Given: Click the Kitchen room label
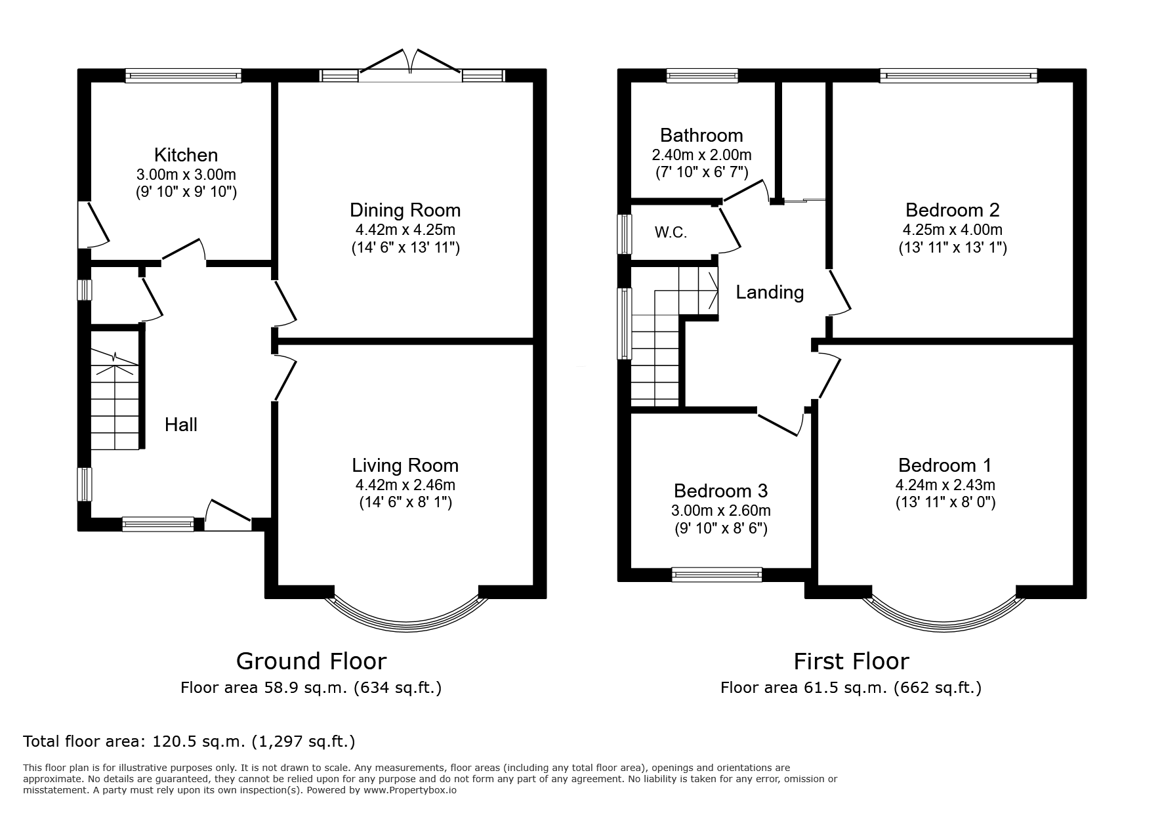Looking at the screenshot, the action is pyautogui.click(x=186, y=155).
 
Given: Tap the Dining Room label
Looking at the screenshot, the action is pyautogui.click(x=405, y=211).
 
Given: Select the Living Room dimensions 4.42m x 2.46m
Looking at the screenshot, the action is pyautogui.click(x=405, y=486).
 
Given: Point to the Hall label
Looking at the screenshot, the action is pyautogui.click(x=181, y=425).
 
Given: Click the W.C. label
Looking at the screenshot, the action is pyautogui.click(x=671, y=233).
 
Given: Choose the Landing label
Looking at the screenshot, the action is pyautogui.click(x=770, y=293).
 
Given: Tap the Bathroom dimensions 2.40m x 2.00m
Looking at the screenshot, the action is pyautogui.click(x=701, y=156).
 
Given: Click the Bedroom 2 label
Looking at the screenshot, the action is pyautogui.click(x=952, y=210).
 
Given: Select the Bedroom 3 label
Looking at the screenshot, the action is pyautogui.click(x=720, y=491).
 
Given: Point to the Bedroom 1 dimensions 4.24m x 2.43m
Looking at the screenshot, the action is pyautogui.click(x=945, y=486).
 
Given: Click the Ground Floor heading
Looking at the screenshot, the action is pyautogui.click(x=311, y=660).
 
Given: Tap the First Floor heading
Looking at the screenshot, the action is pyautogui.click(x=851, y=660).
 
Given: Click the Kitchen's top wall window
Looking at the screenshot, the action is pyautogui.click(x=184, y=76).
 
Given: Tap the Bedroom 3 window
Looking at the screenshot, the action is pyautogui.click(x=717, y=575).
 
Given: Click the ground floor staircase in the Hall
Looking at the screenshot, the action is pyautogui.click(x=115, y=400).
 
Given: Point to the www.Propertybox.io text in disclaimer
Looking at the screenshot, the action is pyautogui.click(x=409, y=791).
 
